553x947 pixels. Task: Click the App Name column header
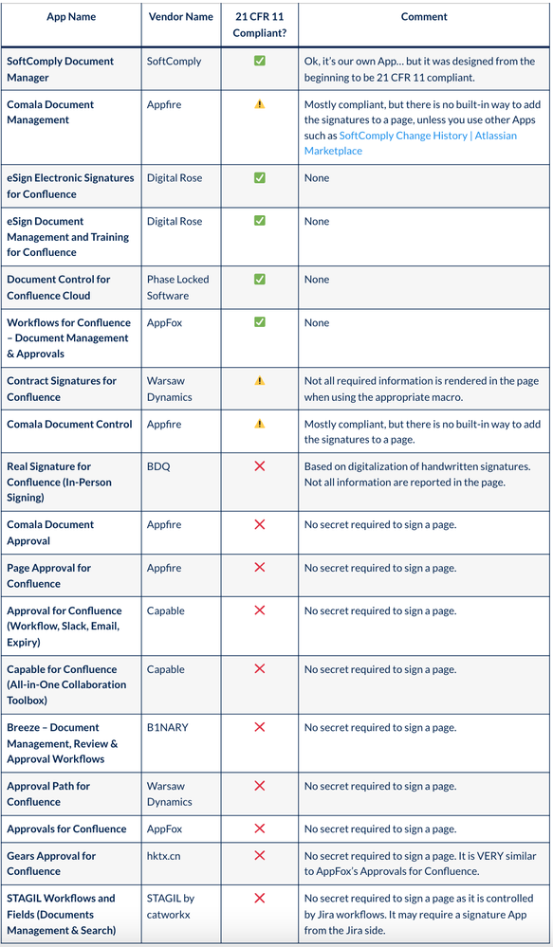(70, 17)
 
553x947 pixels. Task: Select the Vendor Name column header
(180, 17)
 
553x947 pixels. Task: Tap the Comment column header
(424, 17)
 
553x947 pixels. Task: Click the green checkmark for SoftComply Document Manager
(260, 61)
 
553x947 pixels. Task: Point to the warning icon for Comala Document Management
(260, 104)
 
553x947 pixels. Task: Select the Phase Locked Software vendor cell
(178, 287)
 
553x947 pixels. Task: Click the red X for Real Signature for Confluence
(260, 466)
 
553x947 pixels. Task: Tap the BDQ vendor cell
(158, 466)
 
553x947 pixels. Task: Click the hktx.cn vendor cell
(166, 856)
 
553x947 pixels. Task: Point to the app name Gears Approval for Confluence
(51, 864)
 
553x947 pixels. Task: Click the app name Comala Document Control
(70, 424)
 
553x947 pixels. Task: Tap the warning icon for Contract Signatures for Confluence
(260, 380)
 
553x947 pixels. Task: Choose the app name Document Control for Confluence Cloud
(59, 287)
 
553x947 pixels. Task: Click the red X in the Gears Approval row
(260, 856)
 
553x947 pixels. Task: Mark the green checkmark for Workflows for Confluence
(260, 322)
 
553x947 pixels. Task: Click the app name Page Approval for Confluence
(49, 575)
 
